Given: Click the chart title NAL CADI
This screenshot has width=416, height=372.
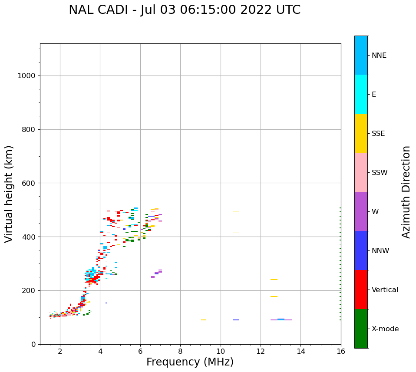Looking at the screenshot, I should (x=185, y=10).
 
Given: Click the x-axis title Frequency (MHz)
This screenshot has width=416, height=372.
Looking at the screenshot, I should (x=190, y=362).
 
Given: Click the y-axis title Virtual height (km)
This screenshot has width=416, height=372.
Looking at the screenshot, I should (x=9, y=194).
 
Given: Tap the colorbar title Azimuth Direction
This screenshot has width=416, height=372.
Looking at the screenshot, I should (x=406, y=192).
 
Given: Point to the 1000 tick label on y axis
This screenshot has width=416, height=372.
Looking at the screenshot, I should (x=26, y=76).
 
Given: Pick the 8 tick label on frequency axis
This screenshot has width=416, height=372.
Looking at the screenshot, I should (x=180, y=351).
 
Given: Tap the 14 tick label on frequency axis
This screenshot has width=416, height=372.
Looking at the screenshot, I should (x=300, y=351).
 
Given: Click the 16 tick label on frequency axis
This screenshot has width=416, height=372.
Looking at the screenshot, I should (x=341, y=351).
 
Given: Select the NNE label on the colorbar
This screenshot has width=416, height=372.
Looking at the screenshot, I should (x=379, y=56).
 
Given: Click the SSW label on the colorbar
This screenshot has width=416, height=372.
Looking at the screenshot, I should (x=379, y=173).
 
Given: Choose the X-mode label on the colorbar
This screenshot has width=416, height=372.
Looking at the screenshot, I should (x=385, y=329).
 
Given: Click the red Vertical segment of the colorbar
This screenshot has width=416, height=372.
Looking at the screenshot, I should (x=361, y=290).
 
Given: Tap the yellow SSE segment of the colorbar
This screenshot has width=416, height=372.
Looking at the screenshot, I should (x=361, y=133).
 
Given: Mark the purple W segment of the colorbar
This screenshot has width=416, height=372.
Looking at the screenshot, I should (x=361, y=211).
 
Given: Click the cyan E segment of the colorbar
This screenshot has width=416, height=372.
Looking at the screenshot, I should (x=361, y=94).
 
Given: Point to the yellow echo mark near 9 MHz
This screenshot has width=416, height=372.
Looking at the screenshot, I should (x=203, y=320).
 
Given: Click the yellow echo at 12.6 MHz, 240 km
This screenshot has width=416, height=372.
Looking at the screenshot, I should (x=274, y=280).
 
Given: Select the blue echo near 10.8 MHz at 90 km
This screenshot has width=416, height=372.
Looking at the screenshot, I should (x=236, y=320).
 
